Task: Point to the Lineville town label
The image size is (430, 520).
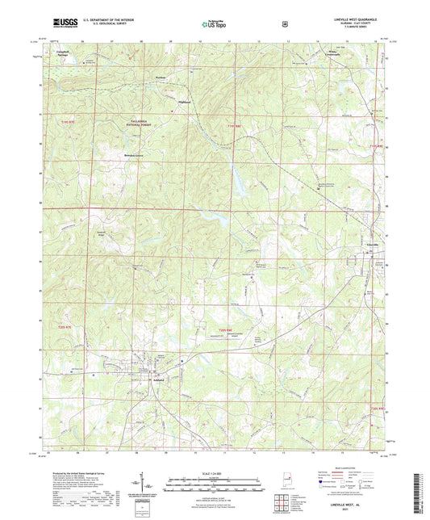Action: tap(350, 241)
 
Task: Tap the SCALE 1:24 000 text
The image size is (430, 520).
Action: tap(215, 472)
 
